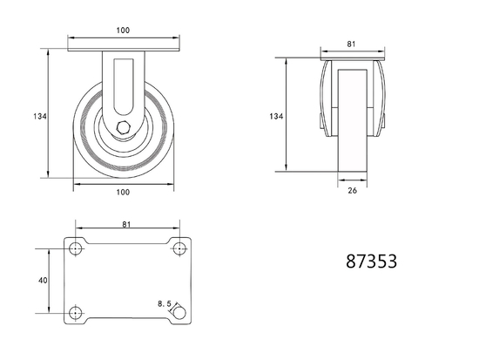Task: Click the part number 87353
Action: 371,260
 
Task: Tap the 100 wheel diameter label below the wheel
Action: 122,192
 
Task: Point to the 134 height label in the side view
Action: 275,115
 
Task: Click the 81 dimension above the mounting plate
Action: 127,225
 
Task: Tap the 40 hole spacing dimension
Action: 41,280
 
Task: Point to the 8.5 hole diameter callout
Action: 163,303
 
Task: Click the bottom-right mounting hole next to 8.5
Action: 179,313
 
